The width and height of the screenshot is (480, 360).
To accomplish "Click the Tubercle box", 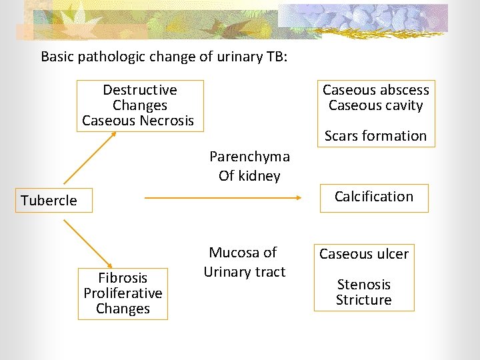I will pyautogui.click(x=49, y=200).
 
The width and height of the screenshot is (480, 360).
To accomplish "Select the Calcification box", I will pyautogui.click(x=373, y=197).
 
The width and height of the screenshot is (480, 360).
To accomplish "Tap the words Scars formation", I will pyautogui.click(x=375, y=136).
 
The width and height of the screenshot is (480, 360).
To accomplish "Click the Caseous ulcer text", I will pyautogui.click(x=364, y=254).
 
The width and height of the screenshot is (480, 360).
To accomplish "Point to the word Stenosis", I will pyautogui.click(x=364, y=285).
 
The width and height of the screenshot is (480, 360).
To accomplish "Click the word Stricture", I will pyautogui.click(x=364, y=300).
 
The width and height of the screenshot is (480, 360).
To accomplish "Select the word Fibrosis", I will pyautogui.click(x=123, y=278).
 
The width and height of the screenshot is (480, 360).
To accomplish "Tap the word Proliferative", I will pyautogui.click(x=123, y=293).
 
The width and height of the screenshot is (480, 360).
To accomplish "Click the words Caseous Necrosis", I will pyautogui.click(x=138, y=121).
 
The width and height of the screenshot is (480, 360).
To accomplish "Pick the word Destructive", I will pyautogui.click(x=140, y=90).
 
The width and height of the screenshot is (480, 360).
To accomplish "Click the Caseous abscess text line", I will pyautogui.click(x=376, y=90).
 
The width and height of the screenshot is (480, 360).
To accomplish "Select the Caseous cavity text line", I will pyautogui.click(x=376, y=105).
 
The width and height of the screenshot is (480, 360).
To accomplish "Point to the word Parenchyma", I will pyautogui.click(x=249, y=157).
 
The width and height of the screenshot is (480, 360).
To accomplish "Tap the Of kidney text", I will pyautogui.click(x=249, y=176).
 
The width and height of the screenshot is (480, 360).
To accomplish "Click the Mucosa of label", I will pyautogui.click(x=243, y=253).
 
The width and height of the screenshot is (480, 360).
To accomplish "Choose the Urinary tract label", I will pyautogui.click(x=245, y=272).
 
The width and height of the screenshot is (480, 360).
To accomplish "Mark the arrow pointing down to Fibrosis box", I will pyautogui.click(x=89, y=243).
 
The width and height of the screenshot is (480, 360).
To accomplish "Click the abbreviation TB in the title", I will pyautogui.click(x=275, y=57).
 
